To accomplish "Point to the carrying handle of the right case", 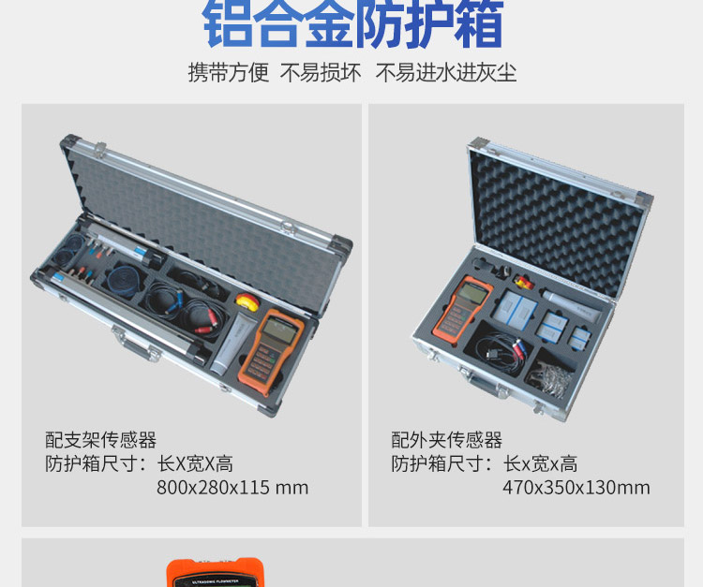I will [477, 378].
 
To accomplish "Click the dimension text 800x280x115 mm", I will [232, 488].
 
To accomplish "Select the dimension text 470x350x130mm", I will [576, 488].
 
